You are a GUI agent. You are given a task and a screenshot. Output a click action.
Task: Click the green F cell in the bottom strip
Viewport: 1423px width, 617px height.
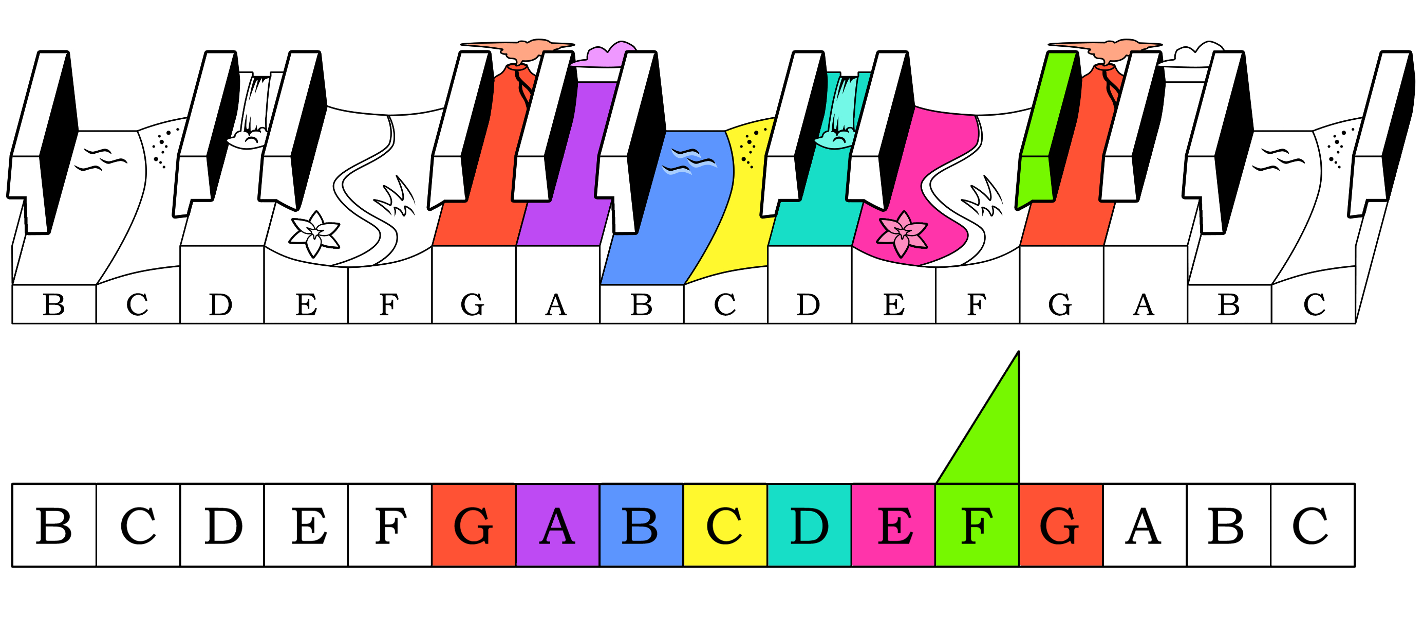coord(977,525)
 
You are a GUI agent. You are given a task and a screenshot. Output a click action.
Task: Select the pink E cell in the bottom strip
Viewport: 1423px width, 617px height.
coord(893,525)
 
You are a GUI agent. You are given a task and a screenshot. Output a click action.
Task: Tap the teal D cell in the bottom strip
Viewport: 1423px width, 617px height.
coord(809,525)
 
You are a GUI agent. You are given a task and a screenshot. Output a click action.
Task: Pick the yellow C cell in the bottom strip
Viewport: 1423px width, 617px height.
coord(725,525)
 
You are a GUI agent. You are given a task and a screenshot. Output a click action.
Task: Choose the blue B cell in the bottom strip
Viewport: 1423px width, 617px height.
coord(641,525)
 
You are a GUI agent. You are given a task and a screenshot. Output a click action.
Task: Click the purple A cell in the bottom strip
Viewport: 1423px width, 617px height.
coord(557,525)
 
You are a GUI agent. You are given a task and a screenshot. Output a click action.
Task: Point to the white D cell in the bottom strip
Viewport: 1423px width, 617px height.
coord(222,525)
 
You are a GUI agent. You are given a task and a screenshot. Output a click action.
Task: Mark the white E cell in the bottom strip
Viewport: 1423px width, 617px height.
coord(306,525)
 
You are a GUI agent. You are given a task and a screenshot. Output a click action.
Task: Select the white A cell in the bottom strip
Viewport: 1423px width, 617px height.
coord(1145,525)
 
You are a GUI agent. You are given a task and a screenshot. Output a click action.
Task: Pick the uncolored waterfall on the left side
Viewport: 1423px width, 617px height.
coord(256,111)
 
